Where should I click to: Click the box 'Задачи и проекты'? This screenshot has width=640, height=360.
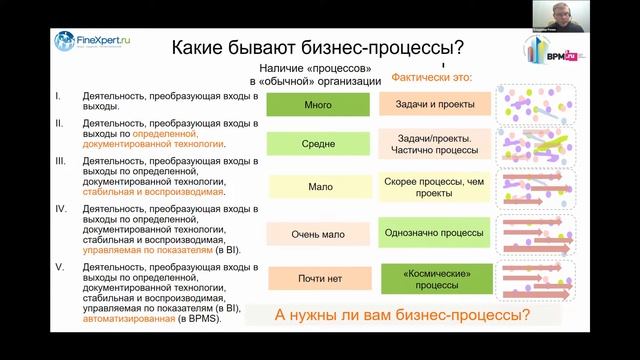[x=435, y=104]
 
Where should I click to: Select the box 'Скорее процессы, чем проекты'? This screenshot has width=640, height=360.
[x=435, y=186]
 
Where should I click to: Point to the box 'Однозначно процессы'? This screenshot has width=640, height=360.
[x=435, y=233]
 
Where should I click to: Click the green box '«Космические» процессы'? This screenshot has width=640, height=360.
[x=435, y=277]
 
